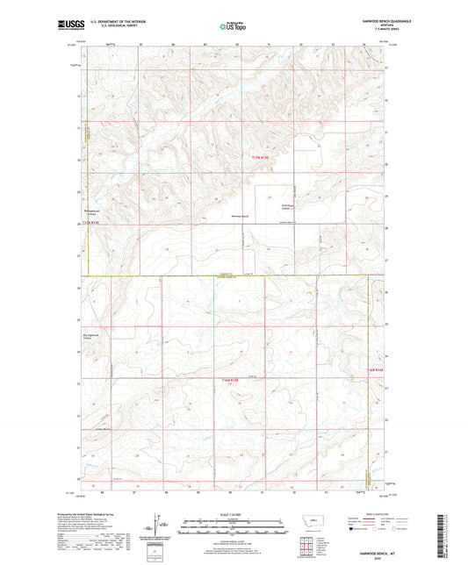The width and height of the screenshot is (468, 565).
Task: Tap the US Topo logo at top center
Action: [x=233, y=26]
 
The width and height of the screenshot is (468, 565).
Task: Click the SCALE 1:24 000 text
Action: [x=233, y=515]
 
